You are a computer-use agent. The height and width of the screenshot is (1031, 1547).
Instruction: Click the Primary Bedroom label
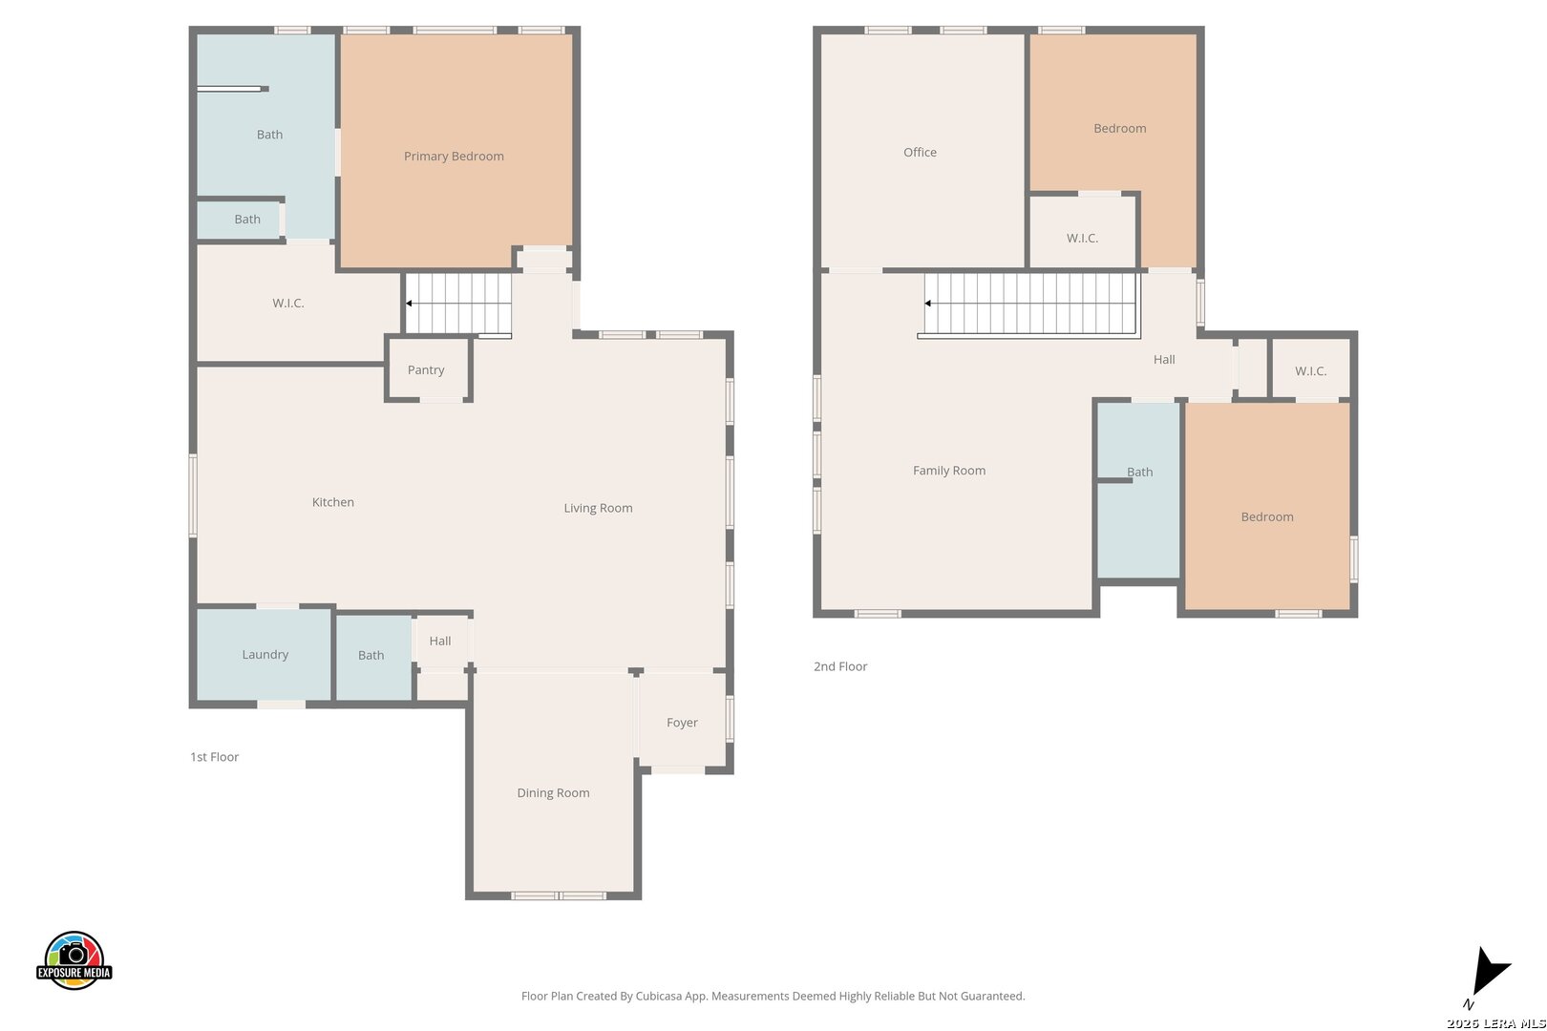(454, 156)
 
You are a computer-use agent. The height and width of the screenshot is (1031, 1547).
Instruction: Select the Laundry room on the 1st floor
(264, 654)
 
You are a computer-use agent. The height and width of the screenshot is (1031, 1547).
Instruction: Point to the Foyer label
(682, 723)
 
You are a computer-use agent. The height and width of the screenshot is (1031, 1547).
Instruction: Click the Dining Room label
(553, 792)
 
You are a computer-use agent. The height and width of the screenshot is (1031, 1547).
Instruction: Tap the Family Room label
(949, 471)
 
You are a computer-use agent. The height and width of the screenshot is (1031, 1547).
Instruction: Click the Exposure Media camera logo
(74, 959)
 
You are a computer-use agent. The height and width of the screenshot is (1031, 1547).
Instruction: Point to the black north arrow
(1491, 970)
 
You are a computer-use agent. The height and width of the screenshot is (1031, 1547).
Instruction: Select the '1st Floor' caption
(214, 757)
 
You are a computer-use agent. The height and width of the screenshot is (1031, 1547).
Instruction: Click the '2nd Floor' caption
(839, 666)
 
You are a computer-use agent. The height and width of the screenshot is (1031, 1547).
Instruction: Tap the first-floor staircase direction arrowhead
(409, 304)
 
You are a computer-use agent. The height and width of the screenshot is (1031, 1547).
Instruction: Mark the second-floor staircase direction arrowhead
(927, 304)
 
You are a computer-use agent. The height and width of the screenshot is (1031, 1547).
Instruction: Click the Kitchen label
(333, 502)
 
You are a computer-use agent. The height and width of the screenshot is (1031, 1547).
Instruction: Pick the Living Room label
(598, 508)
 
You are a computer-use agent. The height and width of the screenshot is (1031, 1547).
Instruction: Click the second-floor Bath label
(1139, 472)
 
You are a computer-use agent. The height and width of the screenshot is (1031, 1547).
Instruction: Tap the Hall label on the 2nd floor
(1164, 359)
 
